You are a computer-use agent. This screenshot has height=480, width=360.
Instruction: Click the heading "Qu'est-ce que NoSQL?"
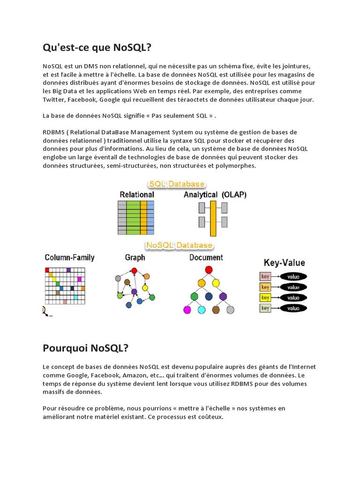tap(97, 47)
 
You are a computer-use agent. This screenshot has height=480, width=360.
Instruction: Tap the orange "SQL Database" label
tap(176, 184)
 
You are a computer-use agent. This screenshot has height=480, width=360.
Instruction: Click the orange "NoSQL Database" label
tap(179, 245)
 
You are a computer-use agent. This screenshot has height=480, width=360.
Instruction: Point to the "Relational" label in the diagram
tap(137, 195)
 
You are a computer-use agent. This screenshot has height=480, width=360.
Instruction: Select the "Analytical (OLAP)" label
tap(215, 195)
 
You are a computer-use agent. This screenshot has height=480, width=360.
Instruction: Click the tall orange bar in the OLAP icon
tap(213, 218)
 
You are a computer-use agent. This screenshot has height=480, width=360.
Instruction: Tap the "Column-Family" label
tap(69, 257)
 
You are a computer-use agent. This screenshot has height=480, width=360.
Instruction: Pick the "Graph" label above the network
tap(135, 257)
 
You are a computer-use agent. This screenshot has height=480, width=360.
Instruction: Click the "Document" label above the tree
tap(206, 257)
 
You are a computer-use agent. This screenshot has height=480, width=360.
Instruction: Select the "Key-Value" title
tap(285, 263)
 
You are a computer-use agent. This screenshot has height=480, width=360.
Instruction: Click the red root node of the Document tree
tap(209, 270)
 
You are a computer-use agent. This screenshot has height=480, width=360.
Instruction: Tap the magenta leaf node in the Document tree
tap(187, 310)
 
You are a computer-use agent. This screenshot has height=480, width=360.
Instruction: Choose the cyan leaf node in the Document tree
tap(202, 310)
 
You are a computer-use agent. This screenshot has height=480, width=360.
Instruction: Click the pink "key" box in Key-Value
tap(265, 276)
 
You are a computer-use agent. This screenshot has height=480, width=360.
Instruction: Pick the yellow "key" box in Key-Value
tap(265, 298)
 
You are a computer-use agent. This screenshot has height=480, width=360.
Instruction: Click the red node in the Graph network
tap(134, 270)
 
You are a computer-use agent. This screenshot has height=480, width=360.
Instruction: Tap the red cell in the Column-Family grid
tap(47, 270)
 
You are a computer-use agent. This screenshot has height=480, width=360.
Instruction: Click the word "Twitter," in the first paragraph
tap(54, 100)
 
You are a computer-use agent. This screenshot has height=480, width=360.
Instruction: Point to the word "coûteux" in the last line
tap(211, 417)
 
